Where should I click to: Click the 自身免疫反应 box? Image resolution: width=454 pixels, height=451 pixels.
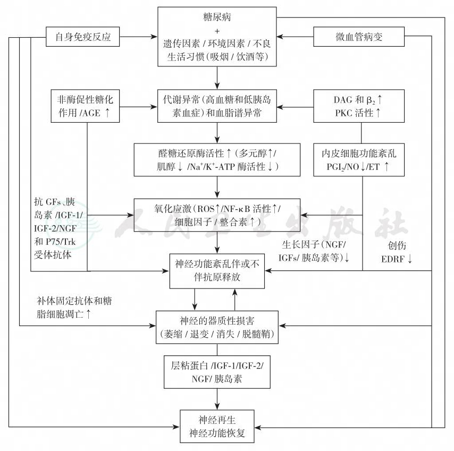[x=82, y=37]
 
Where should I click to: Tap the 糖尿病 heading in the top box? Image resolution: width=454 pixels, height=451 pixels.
[x=217, y=18]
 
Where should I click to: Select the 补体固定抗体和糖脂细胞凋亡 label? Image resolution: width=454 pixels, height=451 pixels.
[x=74, y=307]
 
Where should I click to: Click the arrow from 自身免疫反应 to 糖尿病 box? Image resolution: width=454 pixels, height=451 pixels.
[x=138, y=37]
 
